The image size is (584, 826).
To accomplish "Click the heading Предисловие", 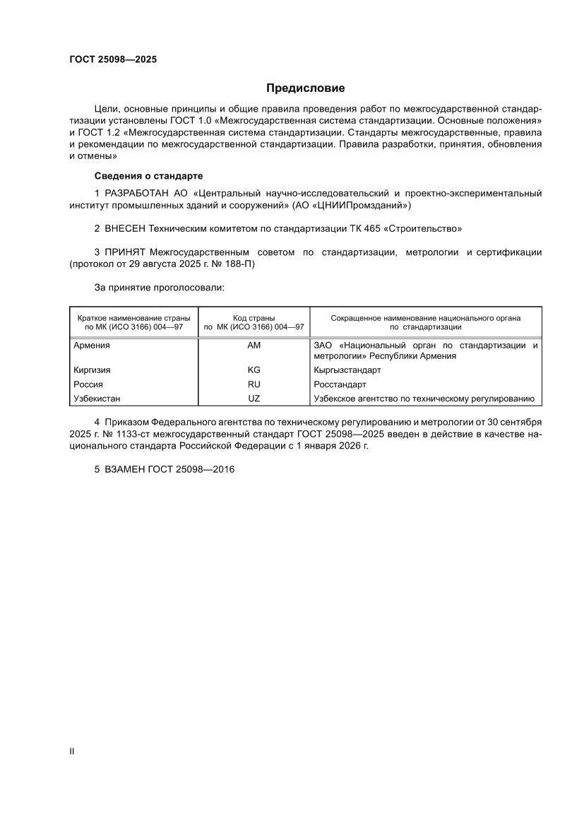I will pyautogui.click(x=305, y=88).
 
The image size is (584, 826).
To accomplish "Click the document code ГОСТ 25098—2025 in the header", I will pyautogui.click(x=113, y=59).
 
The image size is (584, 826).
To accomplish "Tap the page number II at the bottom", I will pyautogui.click(x=71, y=751).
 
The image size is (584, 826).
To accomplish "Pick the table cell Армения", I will pyautogui.click(x=92, y=346).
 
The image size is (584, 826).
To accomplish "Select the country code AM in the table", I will pyautogui.click(x=254, y=346).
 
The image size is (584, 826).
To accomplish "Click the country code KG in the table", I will pyautogui.click(x=254, y=370).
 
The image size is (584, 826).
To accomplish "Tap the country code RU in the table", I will pyautogui.click(x=254, y=384).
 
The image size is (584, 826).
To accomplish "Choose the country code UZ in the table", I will pyautogui.click(x=254, y=399).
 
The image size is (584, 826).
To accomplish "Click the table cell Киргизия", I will pyautogui.click(x=92, y=370).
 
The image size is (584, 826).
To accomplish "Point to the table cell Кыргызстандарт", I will pyautogui.click(x=347, y=370).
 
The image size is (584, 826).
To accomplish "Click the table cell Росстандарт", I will pyautogui.click(x=340, y=384).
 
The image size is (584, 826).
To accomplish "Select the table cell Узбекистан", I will pyautogui.click(x=97, y=399).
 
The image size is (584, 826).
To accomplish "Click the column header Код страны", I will pyautogui.click(x=254, y=318).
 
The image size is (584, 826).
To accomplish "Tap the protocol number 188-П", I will pyautogui.click(x=238, y=264).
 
